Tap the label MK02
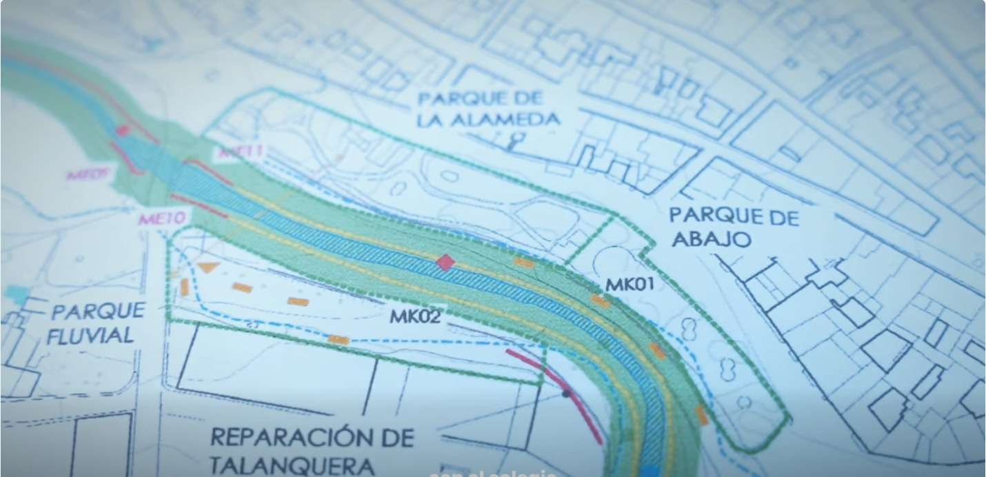(414, 317)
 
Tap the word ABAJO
(710, 240)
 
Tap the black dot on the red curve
(566, 394)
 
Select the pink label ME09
(88, 174)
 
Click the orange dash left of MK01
(524, 262)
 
